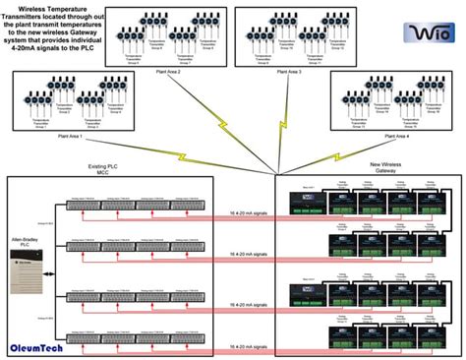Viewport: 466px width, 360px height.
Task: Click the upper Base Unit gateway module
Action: pyautogui.click(x=305, y=204)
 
